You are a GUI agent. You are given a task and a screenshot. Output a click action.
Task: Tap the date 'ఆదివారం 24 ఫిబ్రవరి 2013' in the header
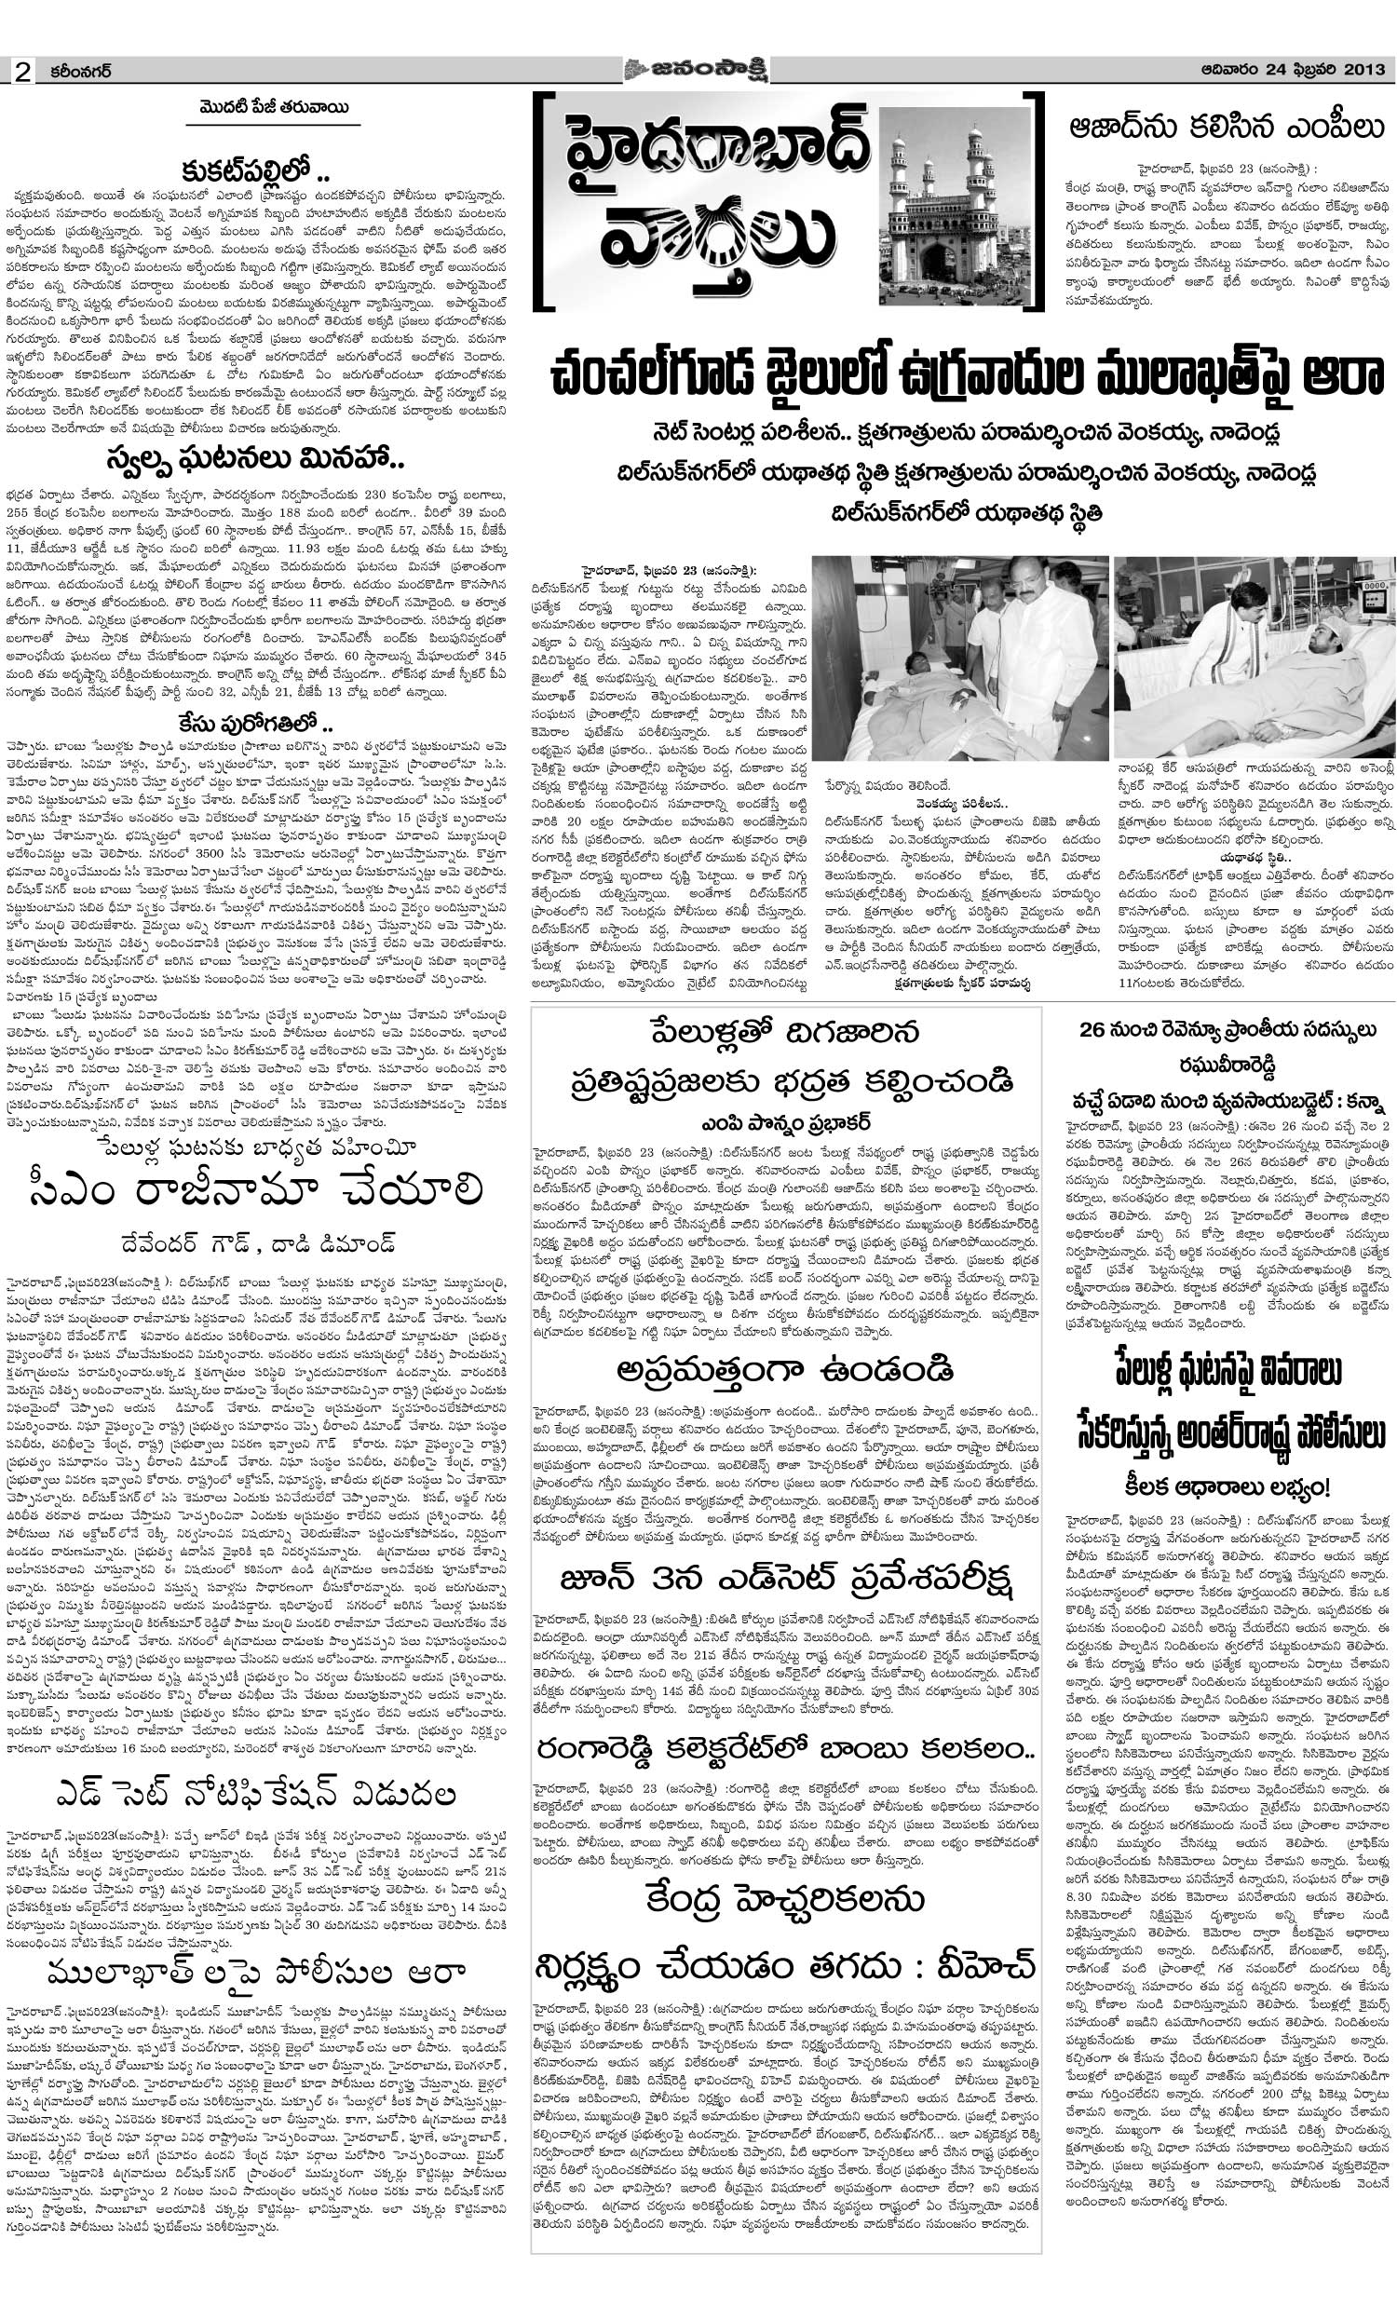[x=1295, y=69]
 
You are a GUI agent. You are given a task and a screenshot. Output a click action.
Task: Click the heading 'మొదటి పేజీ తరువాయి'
[x=268, y=108]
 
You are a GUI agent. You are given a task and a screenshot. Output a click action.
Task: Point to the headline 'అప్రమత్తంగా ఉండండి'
[x=784, y=1371]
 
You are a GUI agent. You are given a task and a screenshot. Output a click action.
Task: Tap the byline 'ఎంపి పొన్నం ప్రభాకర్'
[x=784, y=1122]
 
